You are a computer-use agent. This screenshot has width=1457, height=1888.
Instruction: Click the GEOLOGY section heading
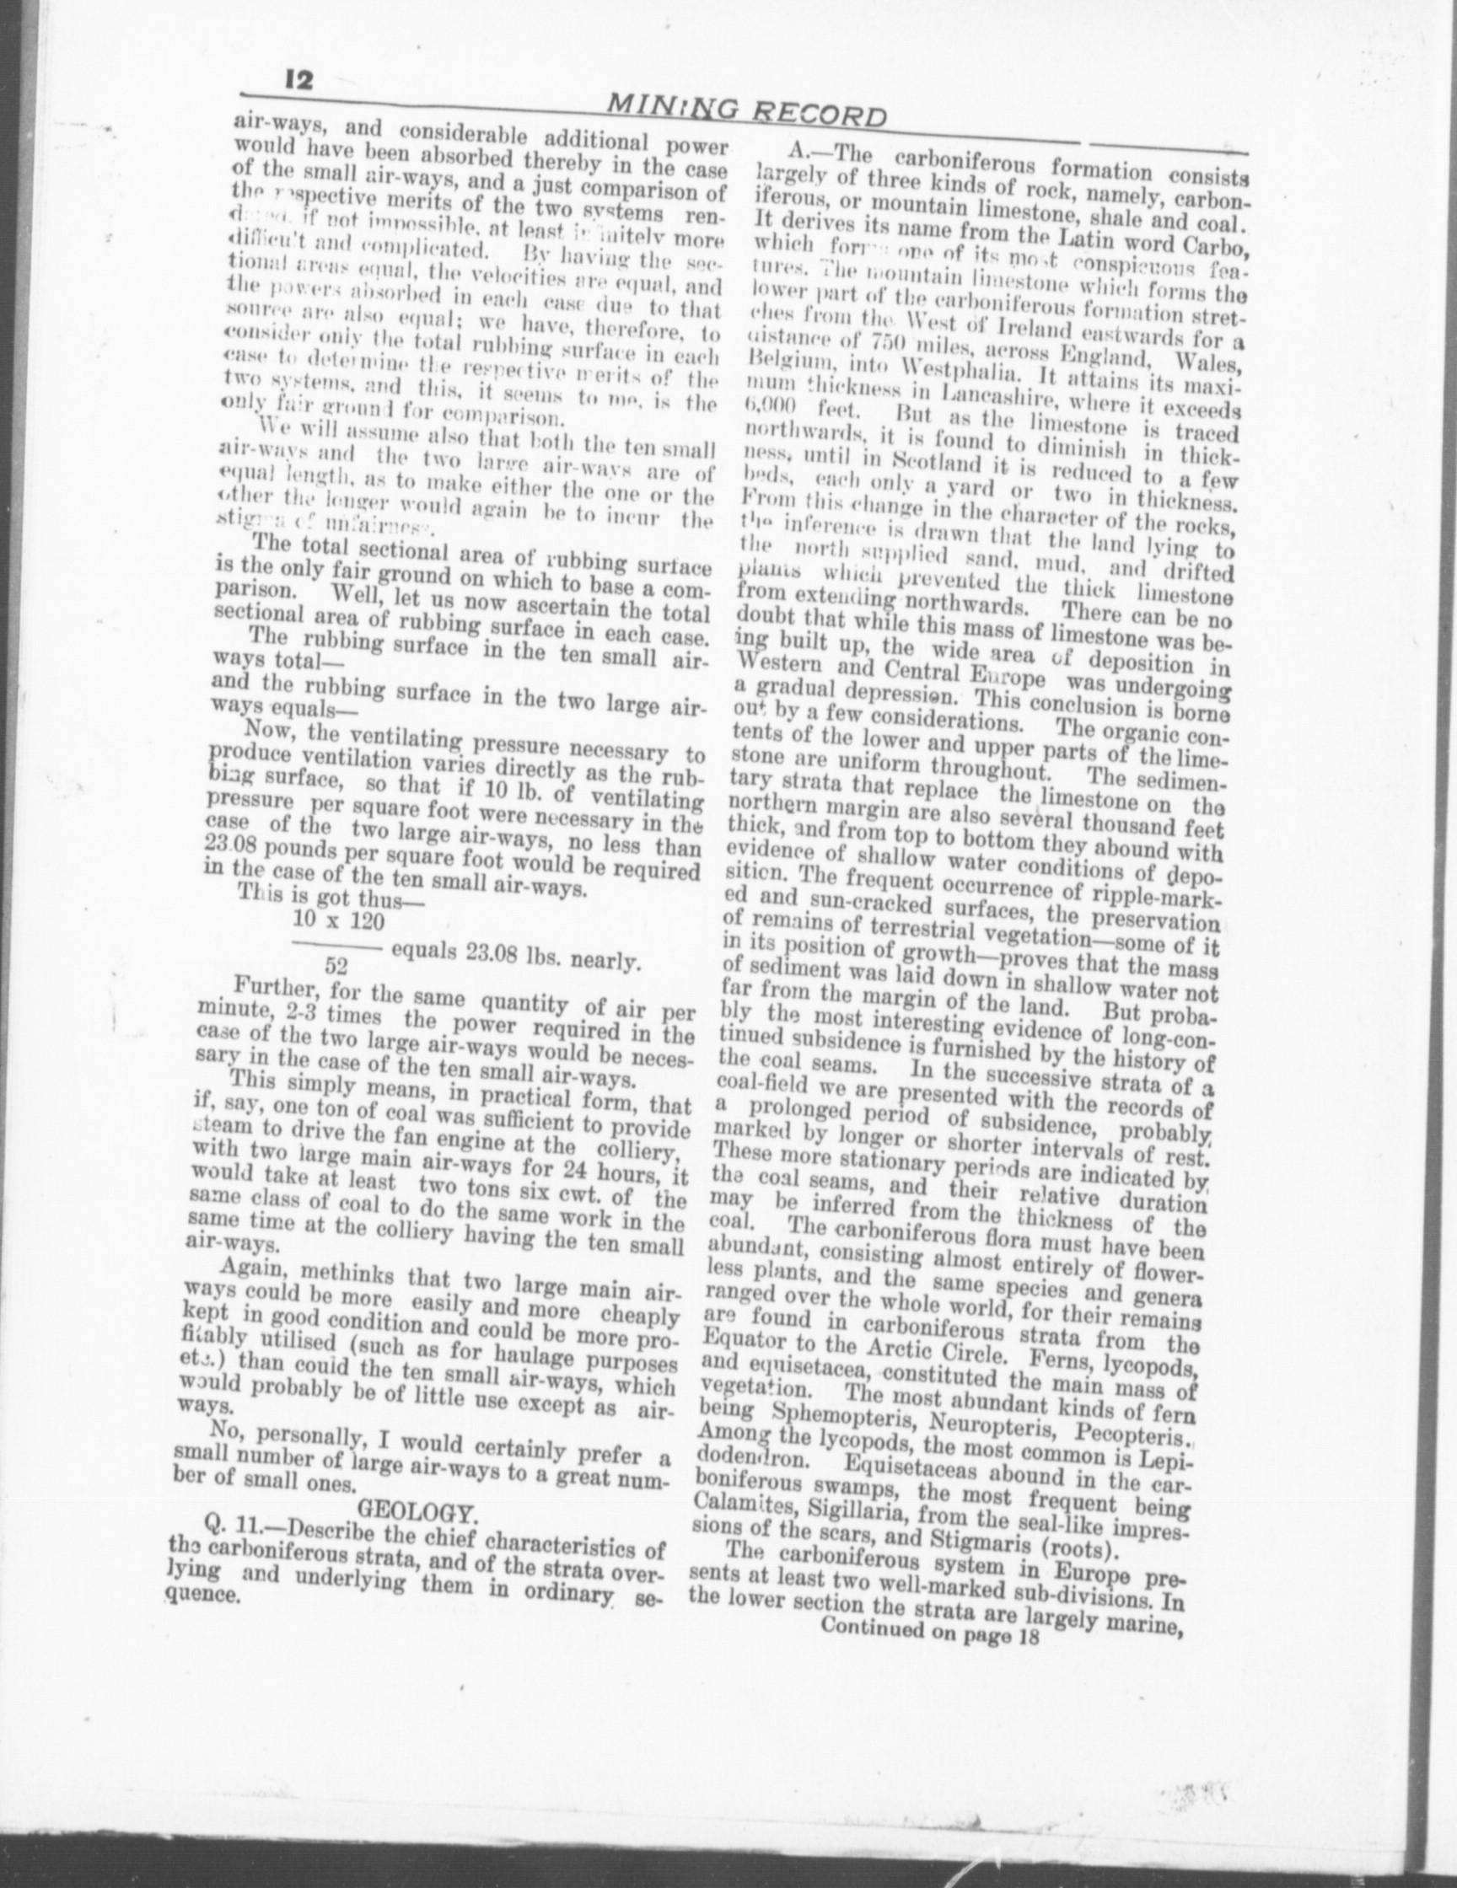(417, 1512)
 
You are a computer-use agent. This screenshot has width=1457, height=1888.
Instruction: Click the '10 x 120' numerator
(338, 921)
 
